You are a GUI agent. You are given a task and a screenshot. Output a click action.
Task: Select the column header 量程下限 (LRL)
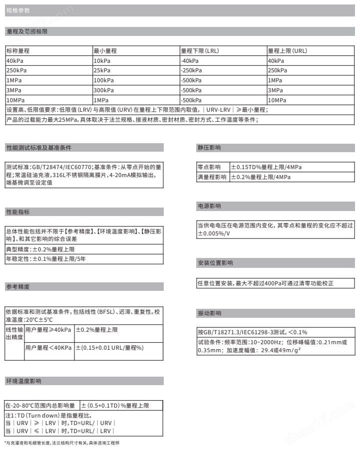(200, 51)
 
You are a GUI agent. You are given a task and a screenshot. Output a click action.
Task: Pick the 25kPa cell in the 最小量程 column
(103, 70)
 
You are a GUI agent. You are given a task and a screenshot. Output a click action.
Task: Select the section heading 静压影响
(209, 148)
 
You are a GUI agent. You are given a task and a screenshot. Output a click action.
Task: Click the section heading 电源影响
(209, 206)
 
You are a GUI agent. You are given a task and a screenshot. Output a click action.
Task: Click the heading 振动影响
(209, 313)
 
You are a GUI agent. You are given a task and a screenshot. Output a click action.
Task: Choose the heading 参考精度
(17, 287)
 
